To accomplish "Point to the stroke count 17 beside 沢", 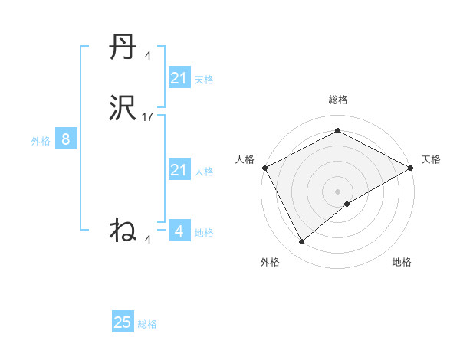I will [148, 117].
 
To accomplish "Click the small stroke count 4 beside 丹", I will [147, 56].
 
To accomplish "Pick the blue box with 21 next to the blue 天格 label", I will [179, 78].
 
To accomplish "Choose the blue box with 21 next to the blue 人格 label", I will [179, 170].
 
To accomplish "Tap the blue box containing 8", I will [66, 139].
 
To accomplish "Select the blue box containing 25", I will [123, 322].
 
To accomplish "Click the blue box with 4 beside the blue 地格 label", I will [179, 231].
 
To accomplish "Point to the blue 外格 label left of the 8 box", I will [41, 141].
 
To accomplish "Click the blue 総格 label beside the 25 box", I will [147, 324].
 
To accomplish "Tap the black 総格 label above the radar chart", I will [338, 100].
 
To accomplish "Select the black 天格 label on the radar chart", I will [431, 159].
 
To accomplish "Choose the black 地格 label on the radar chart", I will [402, 262].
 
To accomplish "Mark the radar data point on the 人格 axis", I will [264, 167].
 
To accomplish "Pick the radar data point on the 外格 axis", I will [302, 241].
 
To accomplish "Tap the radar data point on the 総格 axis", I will [338, 132].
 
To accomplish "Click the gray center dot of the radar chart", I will [338, 191].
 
